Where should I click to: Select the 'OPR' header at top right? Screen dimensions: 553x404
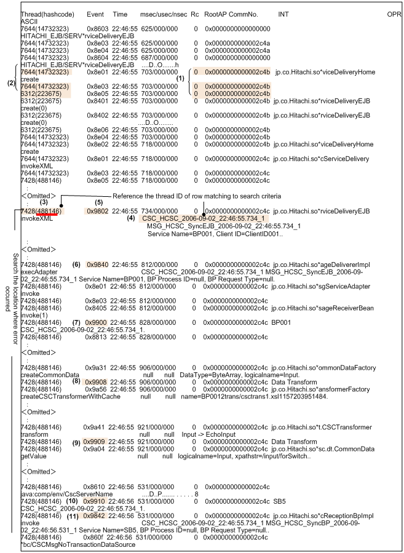tap(394, 13)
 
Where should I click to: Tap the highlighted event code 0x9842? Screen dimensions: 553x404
tap(96, 515)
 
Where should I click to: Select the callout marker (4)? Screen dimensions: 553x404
tap(130, 218)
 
